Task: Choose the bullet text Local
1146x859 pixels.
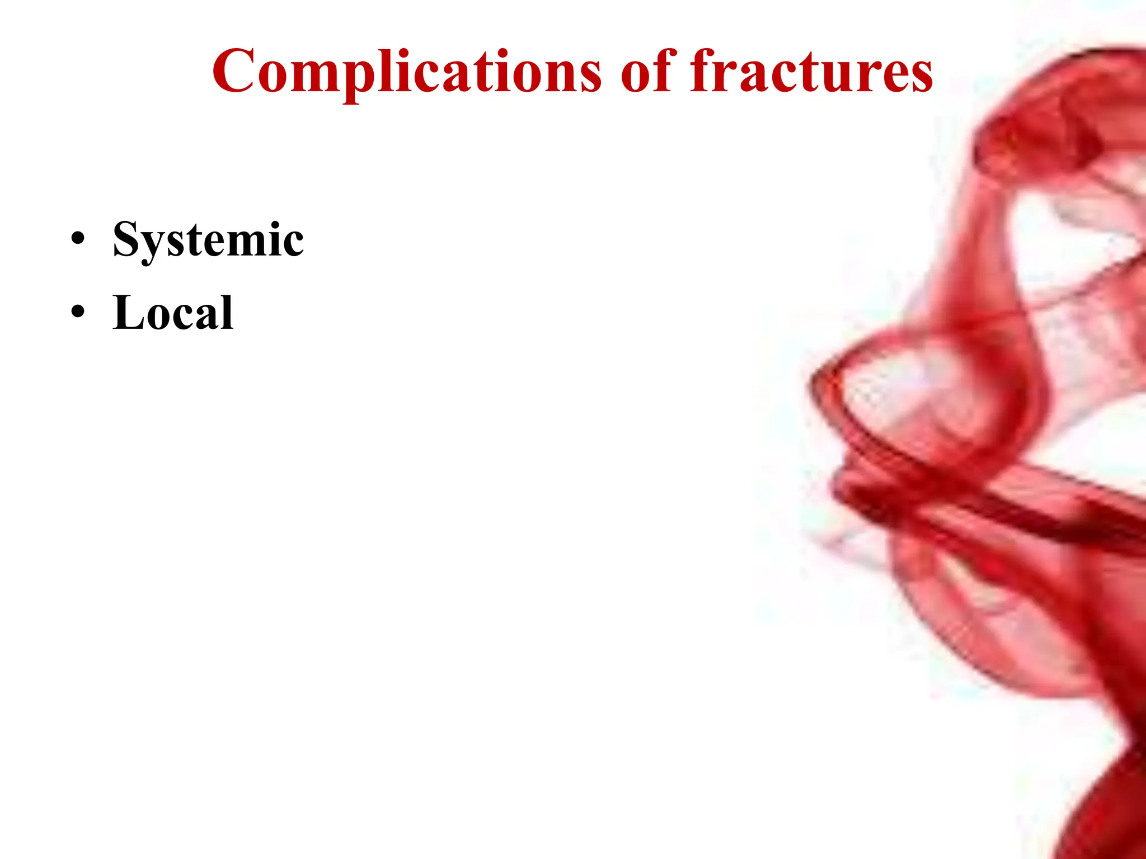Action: (173, 313)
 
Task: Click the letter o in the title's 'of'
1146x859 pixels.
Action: (636, 77)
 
